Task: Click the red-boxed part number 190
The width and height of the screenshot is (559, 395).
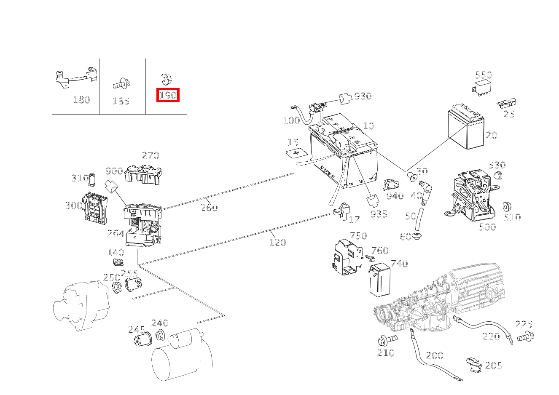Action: tap(168, 95)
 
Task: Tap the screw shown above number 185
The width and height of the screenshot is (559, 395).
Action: tap(121, 84)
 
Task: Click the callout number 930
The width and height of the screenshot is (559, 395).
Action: tap(363, 96)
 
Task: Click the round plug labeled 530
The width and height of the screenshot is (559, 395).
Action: tap(498, 175)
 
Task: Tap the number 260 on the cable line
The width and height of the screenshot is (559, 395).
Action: tap(209, 207)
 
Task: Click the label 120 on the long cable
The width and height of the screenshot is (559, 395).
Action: tap(277, 242)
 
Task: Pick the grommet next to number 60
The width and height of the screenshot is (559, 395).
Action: tap(417, 236)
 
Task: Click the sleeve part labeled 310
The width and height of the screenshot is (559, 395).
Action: tap(92, 179)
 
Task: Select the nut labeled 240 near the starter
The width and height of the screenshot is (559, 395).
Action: tap(160, 336)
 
